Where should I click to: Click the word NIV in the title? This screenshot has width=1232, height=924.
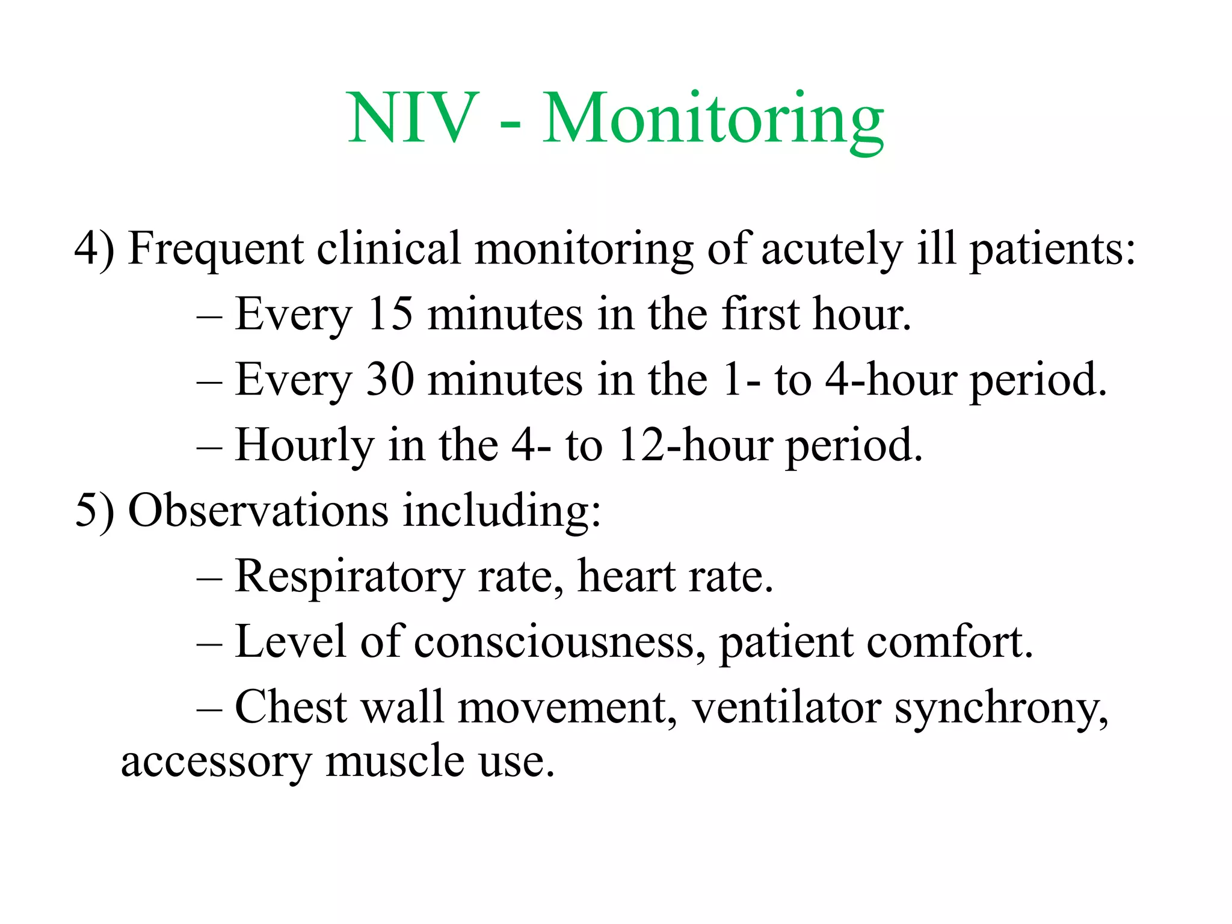coord(414,119)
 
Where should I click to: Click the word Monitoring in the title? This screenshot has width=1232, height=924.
coord(713,119)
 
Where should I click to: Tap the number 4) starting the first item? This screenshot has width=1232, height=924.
coord(94,248)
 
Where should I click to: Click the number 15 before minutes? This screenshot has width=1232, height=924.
coord(390,314)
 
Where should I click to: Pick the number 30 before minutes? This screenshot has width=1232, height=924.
coord(390,380)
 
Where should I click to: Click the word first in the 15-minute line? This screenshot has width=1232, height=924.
coord(760,314)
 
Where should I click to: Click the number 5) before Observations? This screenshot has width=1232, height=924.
coord(94,511)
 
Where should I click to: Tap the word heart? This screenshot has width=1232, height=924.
coord(626,576)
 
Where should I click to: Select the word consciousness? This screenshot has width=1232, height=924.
coord(559,642)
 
